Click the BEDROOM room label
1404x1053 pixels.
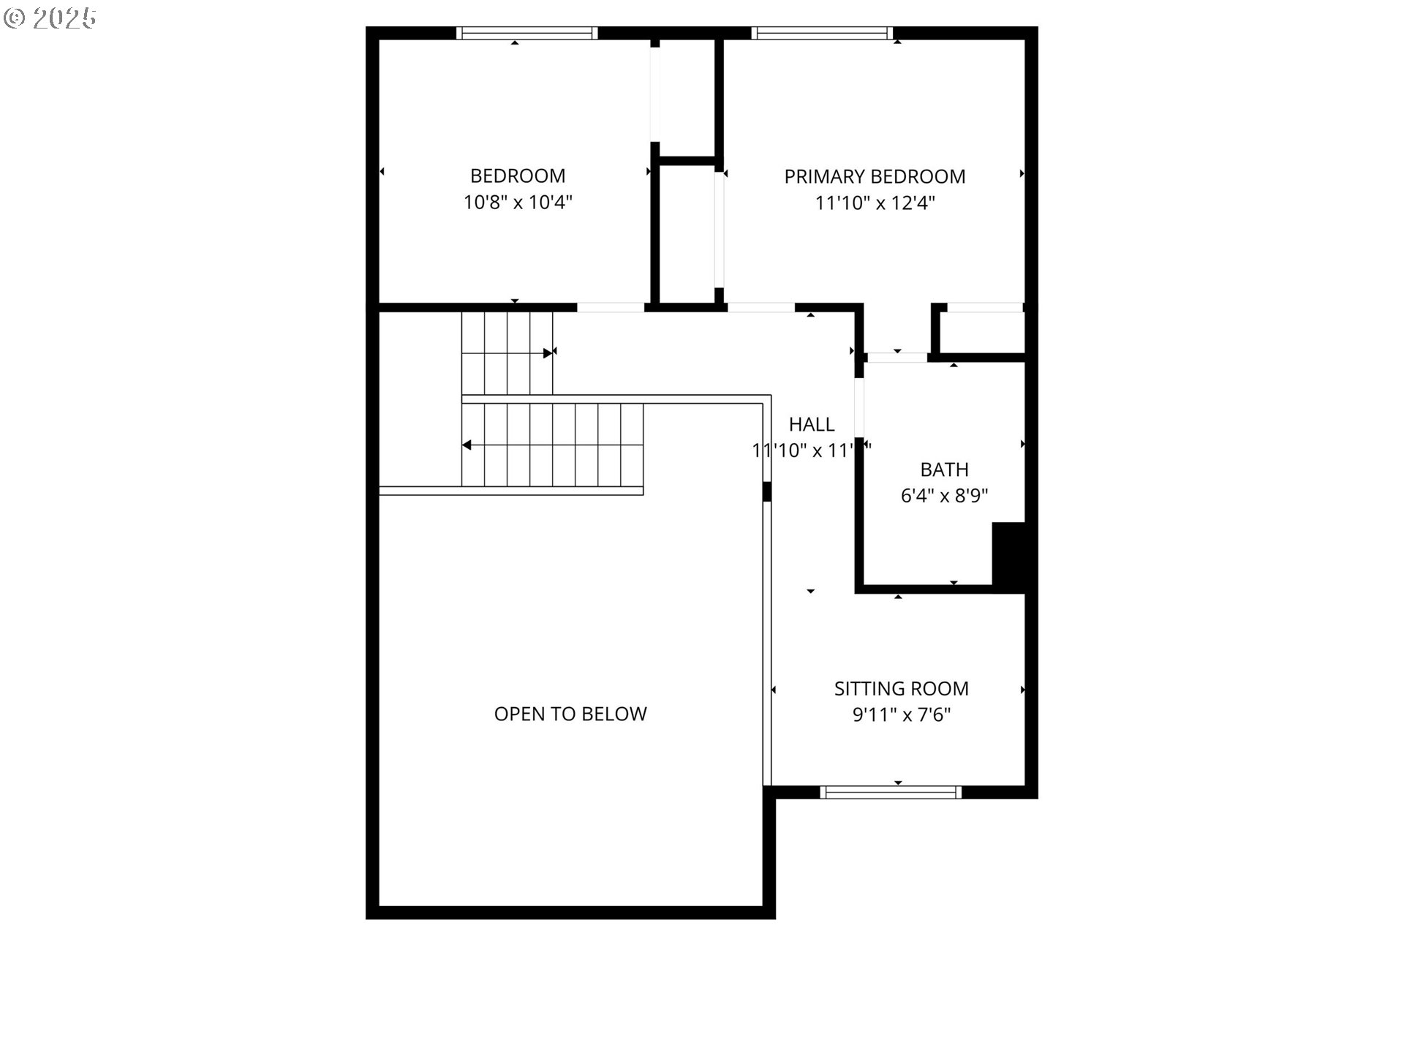point(517,176)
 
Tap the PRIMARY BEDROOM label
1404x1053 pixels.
point(875,177)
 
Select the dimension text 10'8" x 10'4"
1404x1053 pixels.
point(517,203)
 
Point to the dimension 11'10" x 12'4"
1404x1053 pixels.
point(875,203)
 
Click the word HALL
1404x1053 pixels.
point(812,425)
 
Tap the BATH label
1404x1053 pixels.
point(944,469)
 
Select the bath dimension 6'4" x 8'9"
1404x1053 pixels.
point(944,497)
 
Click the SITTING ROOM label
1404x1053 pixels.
point(901,689)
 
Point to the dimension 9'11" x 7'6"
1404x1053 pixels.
point(901,715)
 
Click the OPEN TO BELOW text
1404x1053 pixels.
point(570,714)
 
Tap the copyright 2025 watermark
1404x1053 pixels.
point(50,18)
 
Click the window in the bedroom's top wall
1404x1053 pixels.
point(526,33)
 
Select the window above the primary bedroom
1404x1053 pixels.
point(822,33)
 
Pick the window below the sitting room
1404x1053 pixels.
point(890,792)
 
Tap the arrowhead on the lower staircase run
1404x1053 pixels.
point(467,445)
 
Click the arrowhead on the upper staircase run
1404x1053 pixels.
point(548,353)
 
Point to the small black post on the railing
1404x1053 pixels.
point(766,491)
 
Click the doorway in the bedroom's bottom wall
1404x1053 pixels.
point(611,308)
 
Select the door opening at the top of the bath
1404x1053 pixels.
point(897,358)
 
